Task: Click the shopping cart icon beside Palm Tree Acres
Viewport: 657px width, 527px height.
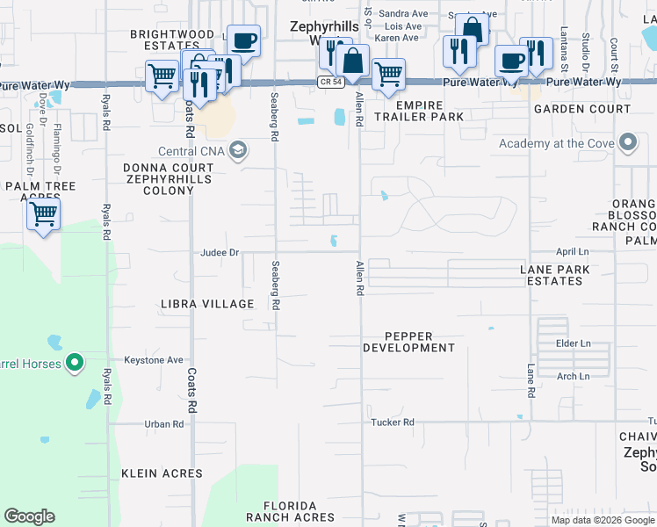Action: coord(43,213)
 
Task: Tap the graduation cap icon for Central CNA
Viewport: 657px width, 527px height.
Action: coord(236,150)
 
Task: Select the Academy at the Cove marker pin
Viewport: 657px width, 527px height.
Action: coord(628,143)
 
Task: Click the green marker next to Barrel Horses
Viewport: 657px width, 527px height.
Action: coord(75,362)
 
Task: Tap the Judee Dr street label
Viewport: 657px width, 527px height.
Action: coord(220,253)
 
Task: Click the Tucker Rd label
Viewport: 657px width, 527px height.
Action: coord(392,422)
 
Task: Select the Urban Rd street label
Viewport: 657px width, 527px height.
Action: coord(164,424)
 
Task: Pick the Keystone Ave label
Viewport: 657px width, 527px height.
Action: coord(153,360)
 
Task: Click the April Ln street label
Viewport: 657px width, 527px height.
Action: coord(571,252)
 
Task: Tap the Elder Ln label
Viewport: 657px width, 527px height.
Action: coord(574,343)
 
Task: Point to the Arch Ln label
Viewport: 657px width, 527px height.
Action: coord(573,377)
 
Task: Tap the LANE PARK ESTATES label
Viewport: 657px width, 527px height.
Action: coord(551,275)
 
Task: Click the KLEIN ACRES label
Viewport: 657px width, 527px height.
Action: coord(162,473)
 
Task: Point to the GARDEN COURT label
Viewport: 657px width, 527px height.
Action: coord(570,109)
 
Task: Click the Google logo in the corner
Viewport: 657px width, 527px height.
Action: coord(29,516)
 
